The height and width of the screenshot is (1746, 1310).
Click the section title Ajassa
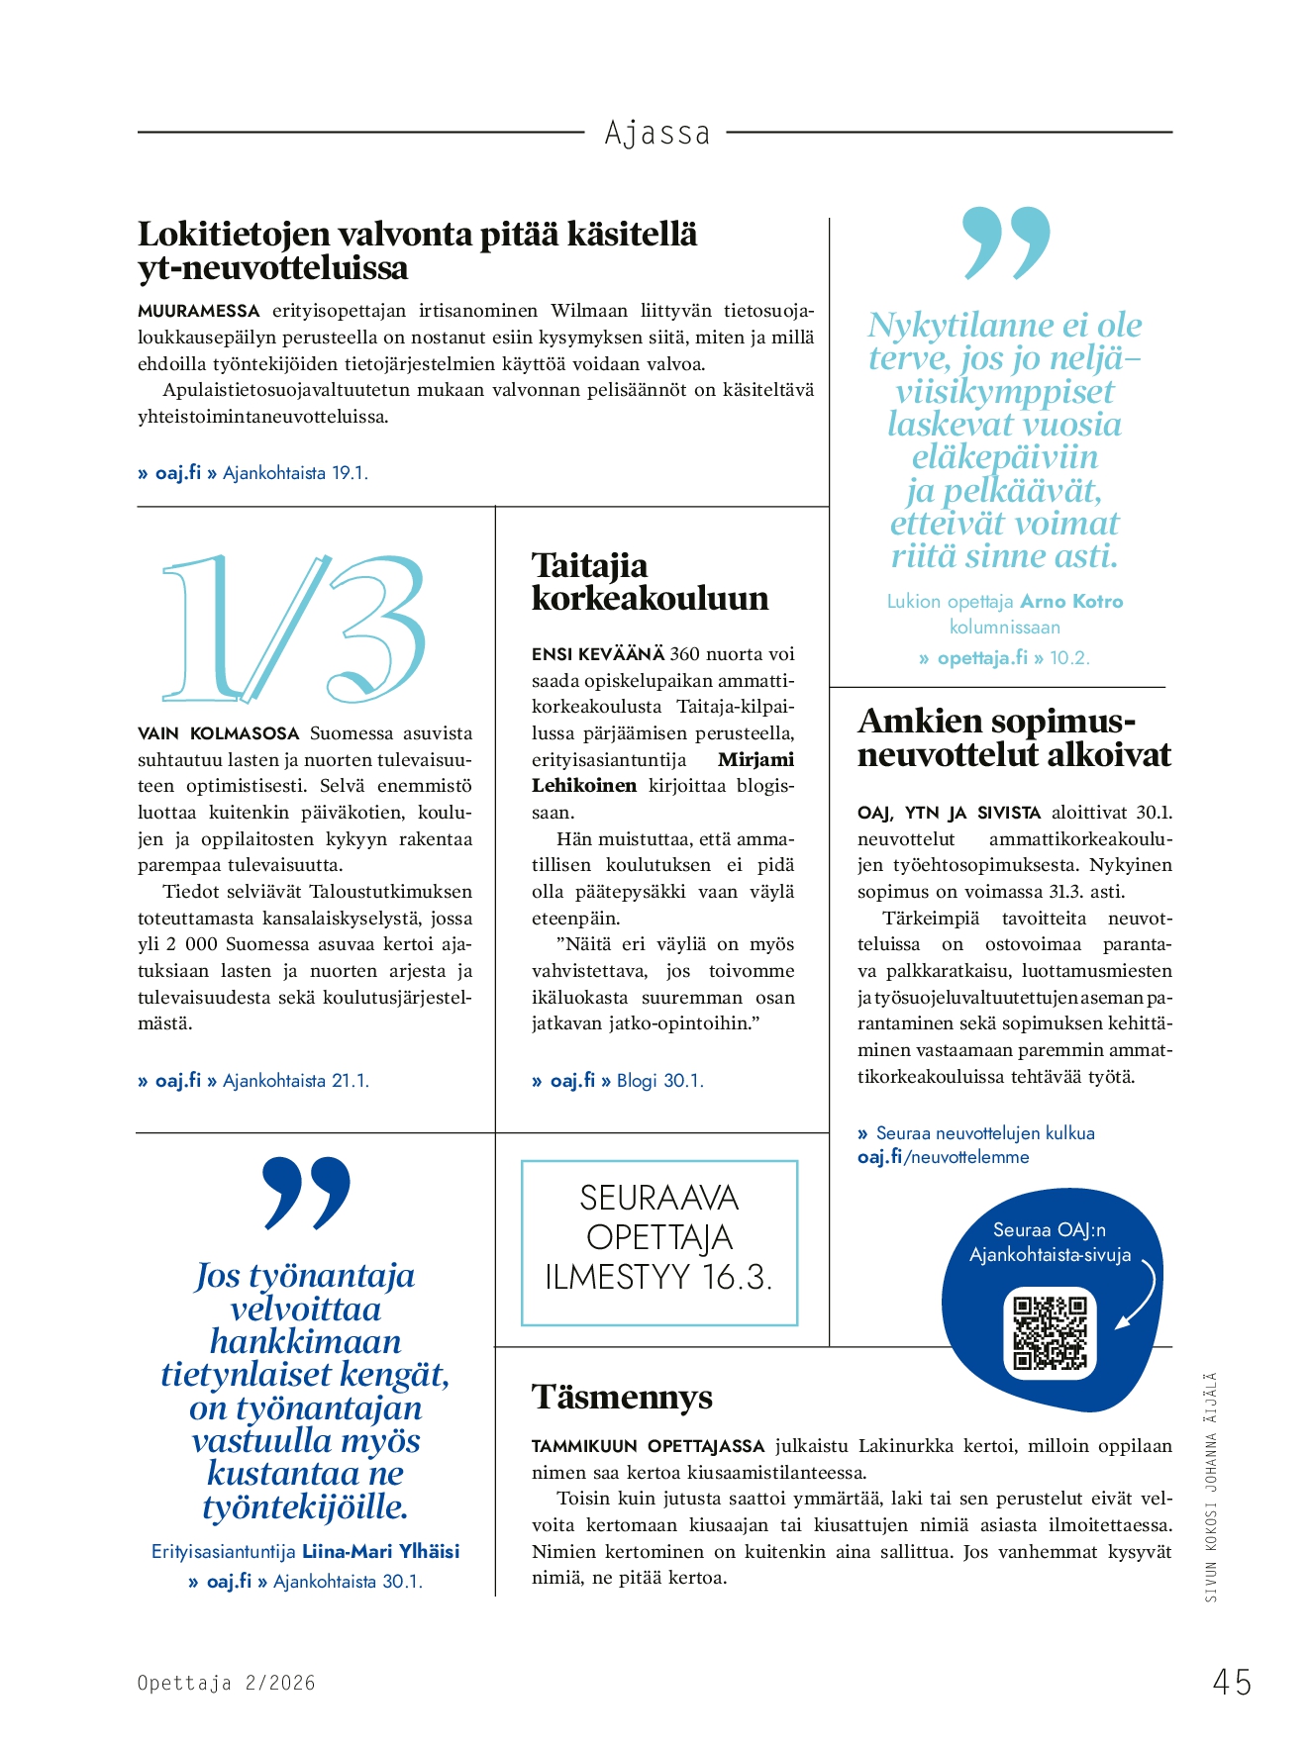(657, 133)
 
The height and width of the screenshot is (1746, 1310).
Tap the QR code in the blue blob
(1050, 1332)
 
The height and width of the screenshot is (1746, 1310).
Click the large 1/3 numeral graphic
(294, 628)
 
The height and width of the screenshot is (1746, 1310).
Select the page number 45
(1232, 1682)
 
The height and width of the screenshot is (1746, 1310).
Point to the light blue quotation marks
(1006, 242)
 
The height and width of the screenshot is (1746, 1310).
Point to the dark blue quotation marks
(306, 1192)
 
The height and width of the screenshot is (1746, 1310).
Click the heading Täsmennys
(622, 1397)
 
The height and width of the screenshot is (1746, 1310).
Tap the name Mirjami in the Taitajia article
(756, 759)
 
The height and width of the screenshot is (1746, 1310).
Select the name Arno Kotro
(1071, 601)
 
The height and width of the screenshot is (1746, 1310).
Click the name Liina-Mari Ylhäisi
(380, 1551)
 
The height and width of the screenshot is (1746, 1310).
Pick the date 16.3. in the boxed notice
(737, 1277)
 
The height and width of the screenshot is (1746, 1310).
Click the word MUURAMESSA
(198, 311)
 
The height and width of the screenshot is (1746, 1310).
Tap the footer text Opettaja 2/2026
(226, 1683)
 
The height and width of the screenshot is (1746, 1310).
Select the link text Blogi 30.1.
(659, 1081)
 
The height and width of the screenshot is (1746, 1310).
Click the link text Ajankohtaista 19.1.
(295, 473)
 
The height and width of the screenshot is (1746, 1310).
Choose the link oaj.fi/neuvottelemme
(943, 1157)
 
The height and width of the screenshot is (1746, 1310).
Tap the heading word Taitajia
(589, 565)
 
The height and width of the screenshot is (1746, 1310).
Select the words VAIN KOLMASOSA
(218, 733)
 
